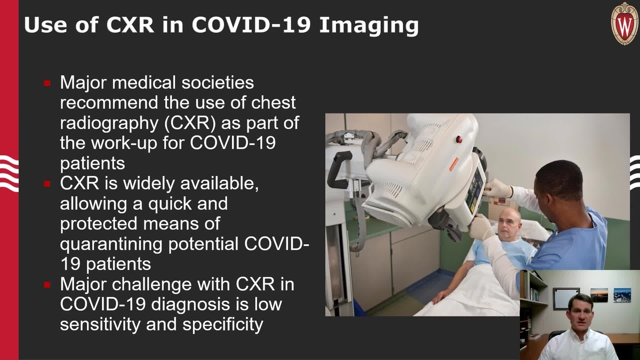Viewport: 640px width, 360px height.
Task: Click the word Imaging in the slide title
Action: point(369,25)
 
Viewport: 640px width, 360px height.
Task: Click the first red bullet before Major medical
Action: point(47,83)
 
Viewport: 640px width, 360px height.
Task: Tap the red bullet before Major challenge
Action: point(47,285)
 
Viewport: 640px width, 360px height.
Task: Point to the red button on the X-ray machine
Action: point(458,139)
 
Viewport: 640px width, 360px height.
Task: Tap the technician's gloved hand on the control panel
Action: point(497,187)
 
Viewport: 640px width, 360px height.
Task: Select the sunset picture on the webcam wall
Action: point(599,295)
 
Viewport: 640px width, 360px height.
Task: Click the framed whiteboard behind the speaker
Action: point(566,299)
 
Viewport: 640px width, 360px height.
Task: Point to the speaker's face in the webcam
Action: point(580,313)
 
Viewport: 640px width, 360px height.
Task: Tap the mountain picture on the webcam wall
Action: point(622,295)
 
